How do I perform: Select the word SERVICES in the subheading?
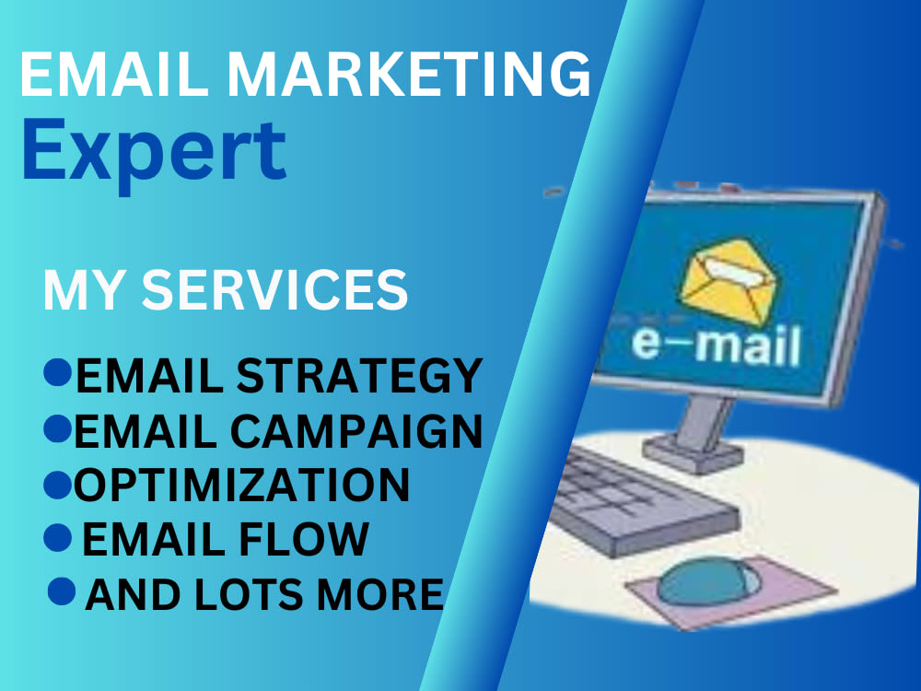pos(274,290)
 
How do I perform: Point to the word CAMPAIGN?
pos(369,431)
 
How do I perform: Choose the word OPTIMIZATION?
pos(241,486)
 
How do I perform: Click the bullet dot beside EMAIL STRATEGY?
pos(57,372)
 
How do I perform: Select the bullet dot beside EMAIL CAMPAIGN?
pos(57,427)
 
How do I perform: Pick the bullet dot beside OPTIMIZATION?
pos(57,482)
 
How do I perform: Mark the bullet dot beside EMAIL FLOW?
pos(60,536)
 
